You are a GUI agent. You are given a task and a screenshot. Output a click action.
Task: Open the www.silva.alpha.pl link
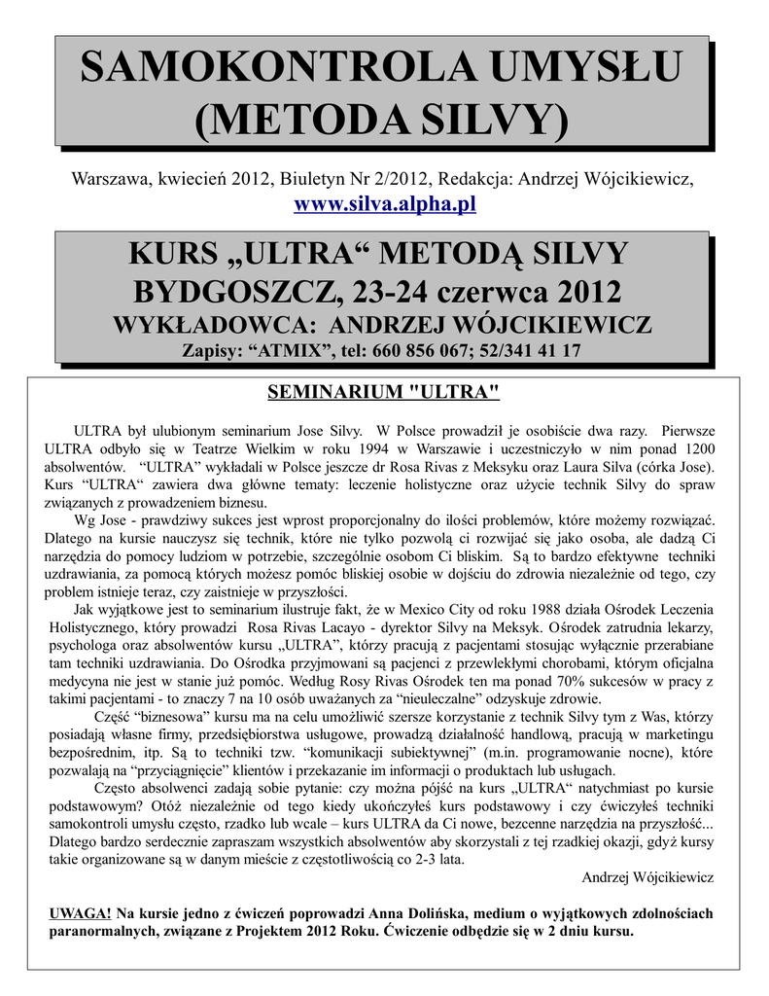(384, 204)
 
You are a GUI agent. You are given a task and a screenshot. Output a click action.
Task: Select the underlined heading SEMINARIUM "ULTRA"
(384, 392)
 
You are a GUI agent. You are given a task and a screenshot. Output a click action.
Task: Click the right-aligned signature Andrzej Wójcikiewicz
(647, 876)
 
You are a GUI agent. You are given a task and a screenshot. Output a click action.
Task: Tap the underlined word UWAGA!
(80, 912)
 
